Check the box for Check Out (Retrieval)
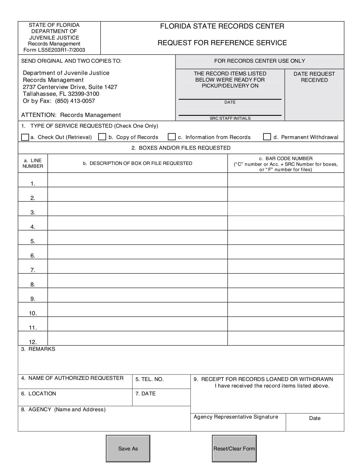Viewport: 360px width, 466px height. [25, 137]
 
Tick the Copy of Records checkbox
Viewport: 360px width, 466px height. [102, 137]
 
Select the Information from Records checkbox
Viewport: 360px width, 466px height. [172, 137]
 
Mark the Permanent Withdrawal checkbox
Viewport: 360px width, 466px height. [267, 137]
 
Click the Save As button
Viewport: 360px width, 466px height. [128, 448]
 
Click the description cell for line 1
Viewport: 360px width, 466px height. [138, 180]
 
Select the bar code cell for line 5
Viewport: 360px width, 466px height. [286, 238]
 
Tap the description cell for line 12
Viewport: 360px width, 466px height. [138, 338]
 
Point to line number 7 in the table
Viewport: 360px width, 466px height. [33, 270]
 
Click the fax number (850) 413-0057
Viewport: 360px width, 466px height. [75, 101]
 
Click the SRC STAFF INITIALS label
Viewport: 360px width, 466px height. [230, 118]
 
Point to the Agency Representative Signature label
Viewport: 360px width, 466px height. [236, 417]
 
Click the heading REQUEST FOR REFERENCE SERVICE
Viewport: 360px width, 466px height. [222, 43]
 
